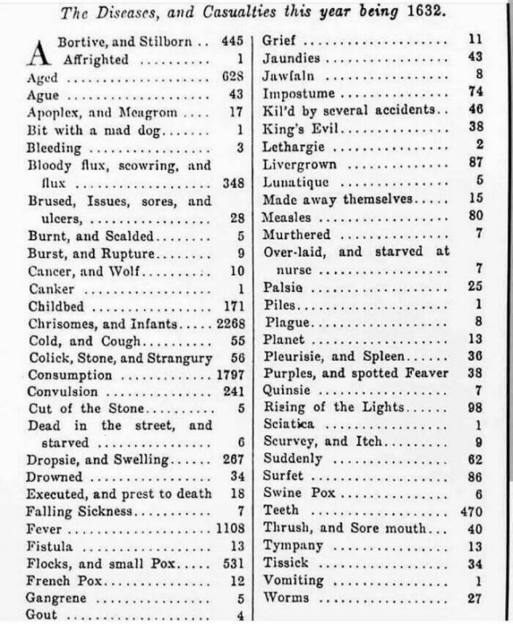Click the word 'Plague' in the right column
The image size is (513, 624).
pos(282,322)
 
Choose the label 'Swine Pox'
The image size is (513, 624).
pos(292,492)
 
